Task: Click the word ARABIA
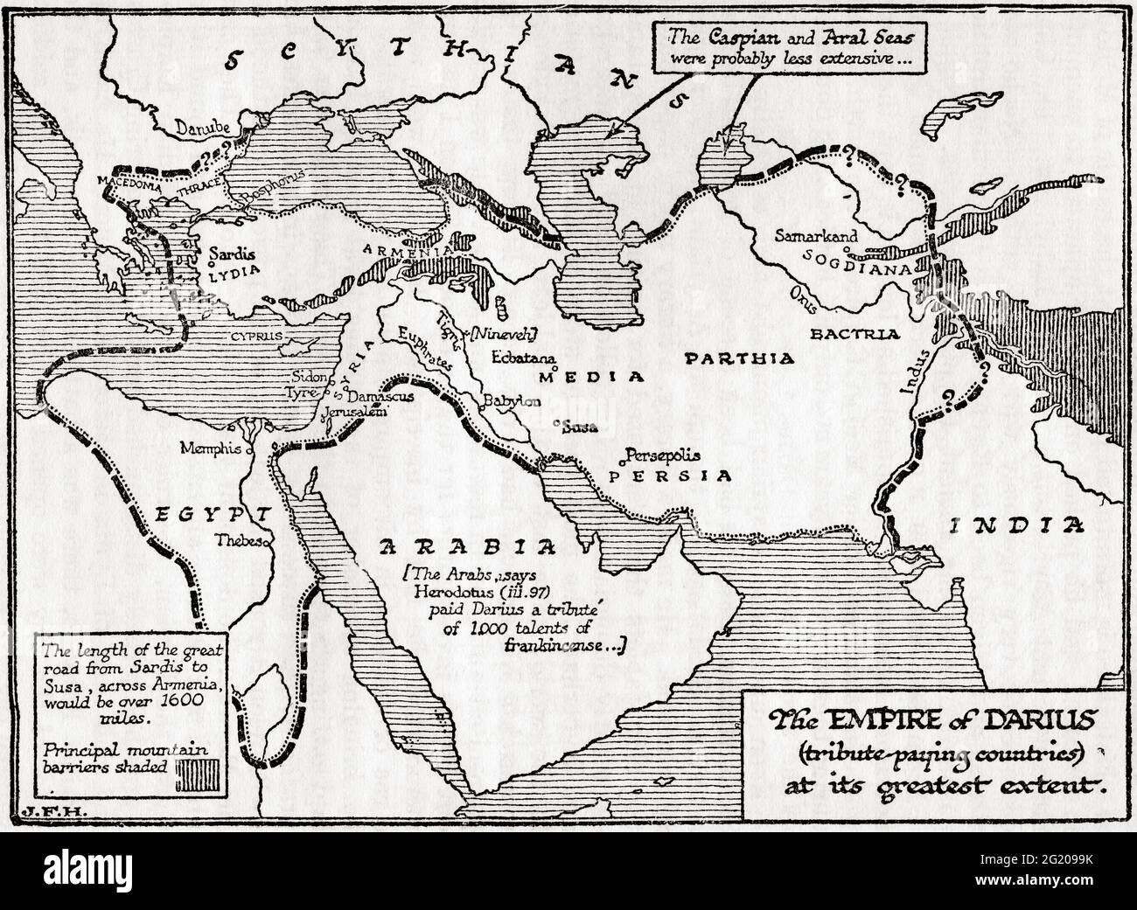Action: tap(467, 547)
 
